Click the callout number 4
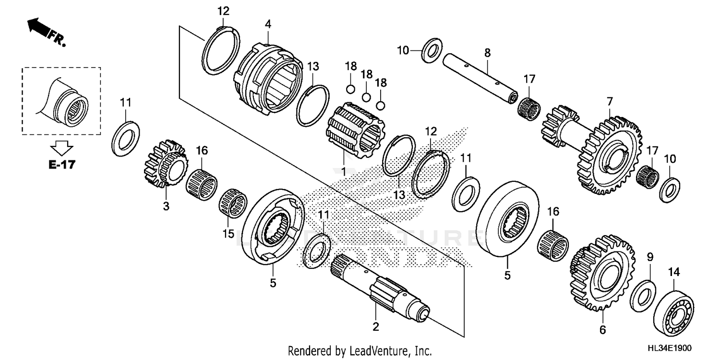tap(268, 23)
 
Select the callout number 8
tap(487, 53)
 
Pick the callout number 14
tap(674, 272)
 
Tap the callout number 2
tap(376, 327)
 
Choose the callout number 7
tap(610, 101)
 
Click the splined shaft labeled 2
tap(379, 288)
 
